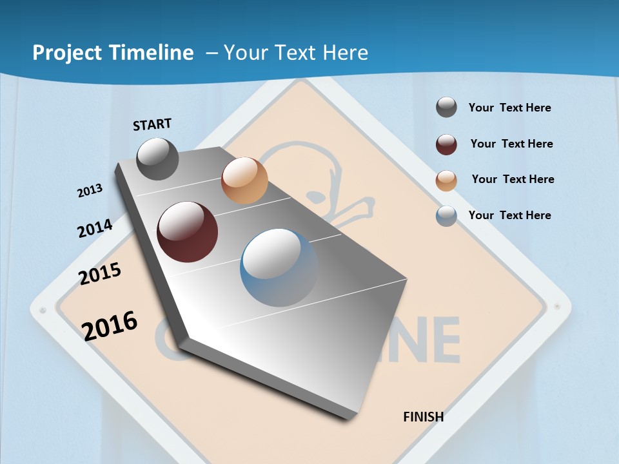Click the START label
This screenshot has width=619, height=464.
click(152, 124)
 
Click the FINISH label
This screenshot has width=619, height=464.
click(423, 417)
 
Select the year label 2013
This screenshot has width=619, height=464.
click(90, 191)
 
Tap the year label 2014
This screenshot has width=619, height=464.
click(95, 229)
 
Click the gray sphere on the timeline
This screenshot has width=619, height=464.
click(158, 159)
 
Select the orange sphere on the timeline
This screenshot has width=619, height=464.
click(244, 180)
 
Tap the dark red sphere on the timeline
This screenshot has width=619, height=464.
click(188, 232)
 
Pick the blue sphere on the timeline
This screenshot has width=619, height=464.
click(279, 267)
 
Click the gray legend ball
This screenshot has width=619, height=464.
click(446, 107)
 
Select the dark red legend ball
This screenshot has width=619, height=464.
click(446, 144)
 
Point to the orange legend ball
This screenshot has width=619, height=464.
click(446, 180)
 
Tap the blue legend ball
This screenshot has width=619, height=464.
click(446, 216)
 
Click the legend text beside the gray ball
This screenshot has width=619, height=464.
click(509, 108)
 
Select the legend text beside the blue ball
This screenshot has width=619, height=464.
click(509, 215)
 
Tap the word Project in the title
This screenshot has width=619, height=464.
click(68, 53)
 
